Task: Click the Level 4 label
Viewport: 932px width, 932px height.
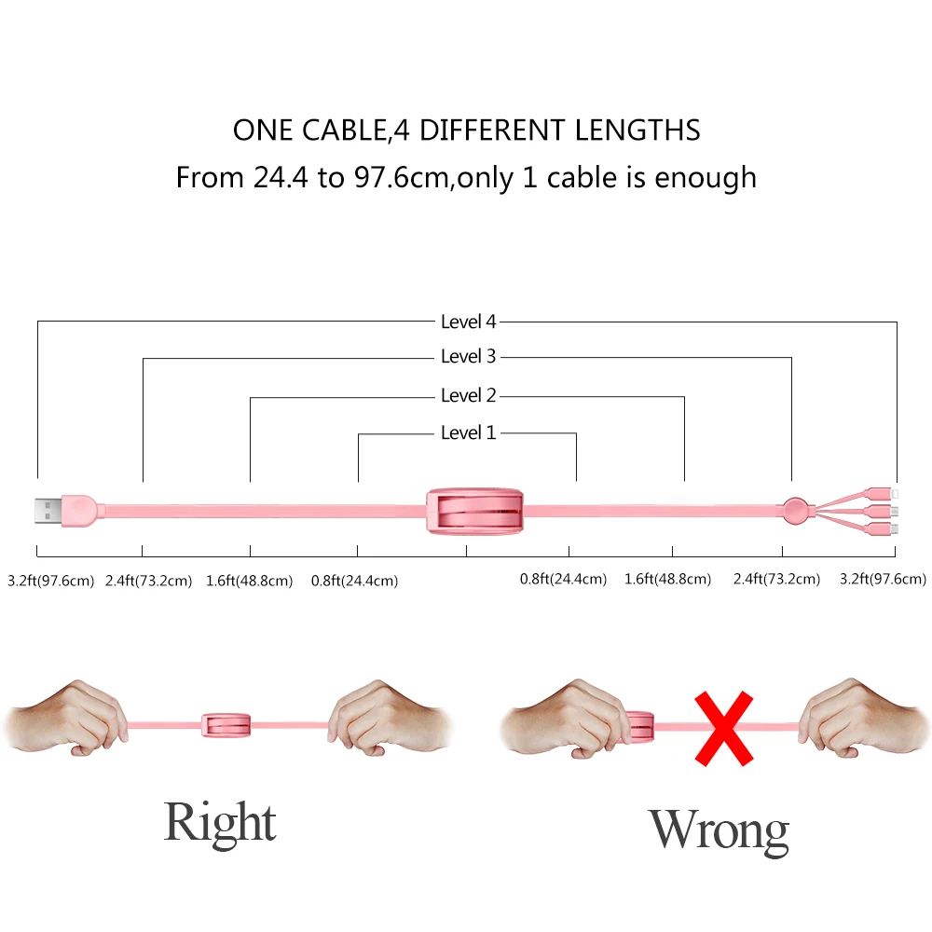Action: [x=468, y=322]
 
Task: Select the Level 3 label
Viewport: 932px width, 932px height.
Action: [x=468, y=357]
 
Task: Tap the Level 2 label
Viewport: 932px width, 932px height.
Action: [x=468, y=396]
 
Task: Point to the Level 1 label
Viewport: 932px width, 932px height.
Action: [x=468, y=433]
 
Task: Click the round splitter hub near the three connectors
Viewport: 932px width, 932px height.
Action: [x=797, y=510]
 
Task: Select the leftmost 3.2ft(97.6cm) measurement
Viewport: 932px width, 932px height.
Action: [x=50, y=581]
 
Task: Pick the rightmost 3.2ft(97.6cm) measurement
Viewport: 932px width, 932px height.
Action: [x=883, y=580]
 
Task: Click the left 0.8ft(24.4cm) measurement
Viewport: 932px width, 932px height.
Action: [x=354, y=581]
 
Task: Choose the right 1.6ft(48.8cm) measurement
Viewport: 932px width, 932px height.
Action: [x=667, y=580]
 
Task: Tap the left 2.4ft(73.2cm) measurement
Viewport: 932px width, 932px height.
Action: [x=148, y=581]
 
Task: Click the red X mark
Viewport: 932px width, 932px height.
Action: [x=725, y=728]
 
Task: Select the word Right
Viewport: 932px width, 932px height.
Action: [x=220, y=822]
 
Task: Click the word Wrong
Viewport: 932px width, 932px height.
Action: [x=719, y=830]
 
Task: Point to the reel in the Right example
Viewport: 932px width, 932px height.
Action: [x=226, y=725]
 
